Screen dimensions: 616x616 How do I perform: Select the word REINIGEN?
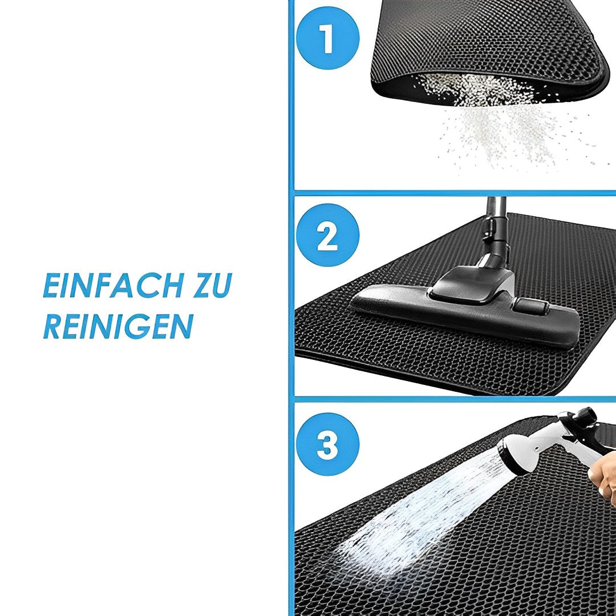point(118,326)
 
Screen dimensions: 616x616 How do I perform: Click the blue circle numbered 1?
point(327,38)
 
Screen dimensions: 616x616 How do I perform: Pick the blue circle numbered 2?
point(327,235)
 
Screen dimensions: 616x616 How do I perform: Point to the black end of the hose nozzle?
point(589,416)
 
